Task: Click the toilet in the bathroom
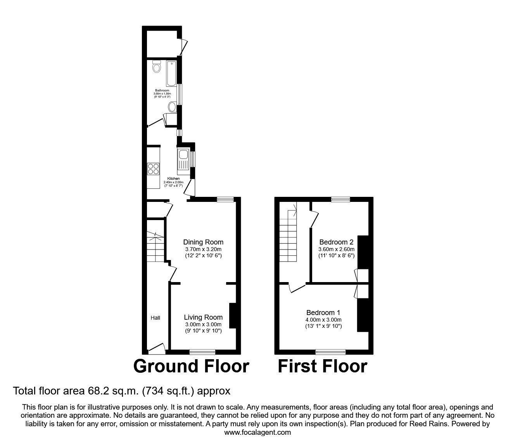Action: tap(157, 67)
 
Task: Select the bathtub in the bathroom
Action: tap(171, 73)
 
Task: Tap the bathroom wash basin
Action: tap(172, 107)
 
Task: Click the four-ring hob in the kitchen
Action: tap(153, 169)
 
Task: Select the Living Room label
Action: tap(203, 317)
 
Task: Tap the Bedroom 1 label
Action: tap(323, 312)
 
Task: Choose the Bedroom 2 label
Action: tap(336, 242)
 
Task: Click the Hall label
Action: tap(155, 318)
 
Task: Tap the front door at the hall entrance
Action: tap(157, 348)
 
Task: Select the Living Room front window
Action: tap(202, 351)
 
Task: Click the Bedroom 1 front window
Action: tap(330, 351)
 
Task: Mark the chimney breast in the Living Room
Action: tap(233, 316)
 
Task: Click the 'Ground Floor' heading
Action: tap(191, 366)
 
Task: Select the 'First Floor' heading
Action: tap(322, 366)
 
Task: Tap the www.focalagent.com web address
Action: tap(257, 432)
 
